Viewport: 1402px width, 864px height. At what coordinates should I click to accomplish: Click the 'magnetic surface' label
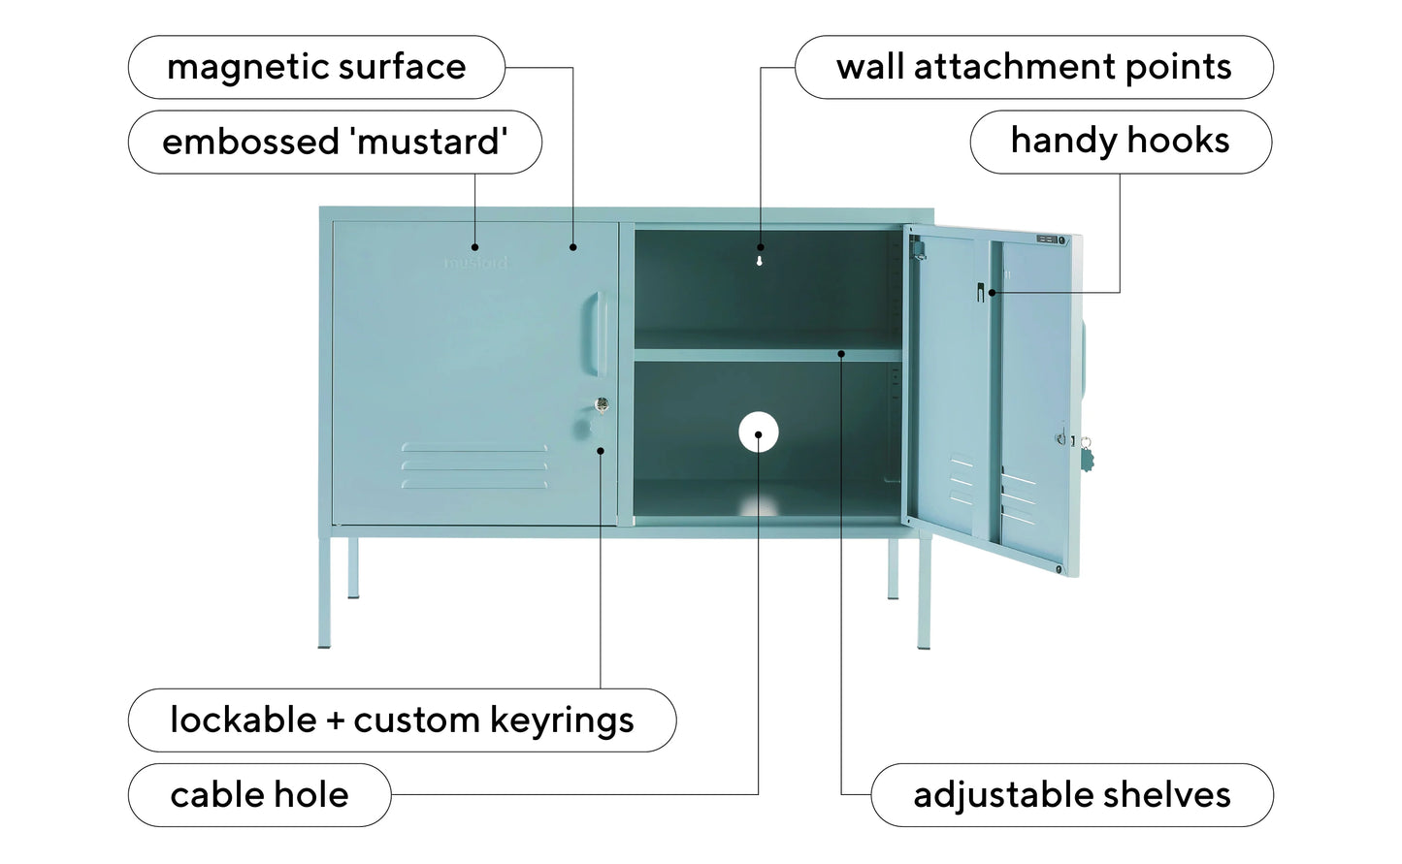point(316,67)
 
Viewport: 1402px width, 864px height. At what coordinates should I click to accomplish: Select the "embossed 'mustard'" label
point(335,142)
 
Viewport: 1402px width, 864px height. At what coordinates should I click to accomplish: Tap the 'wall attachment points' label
point(1034,67)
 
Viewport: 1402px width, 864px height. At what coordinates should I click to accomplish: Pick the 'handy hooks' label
point(1121,142)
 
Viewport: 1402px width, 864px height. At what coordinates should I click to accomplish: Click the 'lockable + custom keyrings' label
point(402,720)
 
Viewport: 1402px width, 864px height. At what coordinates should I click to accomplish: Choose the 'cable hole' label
point(260,795)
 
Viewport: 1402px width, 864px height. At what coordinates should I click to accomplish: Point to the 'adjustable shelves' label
point(1072,795)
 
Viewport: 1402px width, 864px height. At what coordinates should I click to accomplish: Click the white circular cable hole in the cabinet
point(759,432)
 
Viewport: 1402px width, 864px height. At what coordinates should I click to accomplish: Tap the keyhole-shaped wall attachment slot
point(759,261)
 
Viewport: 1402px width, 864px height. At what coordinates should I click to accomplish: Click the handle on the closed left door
point(597,334)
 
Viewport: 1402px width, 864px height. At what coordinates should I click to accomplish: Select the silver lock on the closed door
point(602,404)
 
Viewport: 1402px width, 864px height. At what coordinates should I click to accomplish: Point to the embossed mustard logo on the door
point(475,263)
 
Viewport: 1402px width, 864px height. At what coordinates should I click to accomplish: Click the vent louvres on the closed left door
point(473,465)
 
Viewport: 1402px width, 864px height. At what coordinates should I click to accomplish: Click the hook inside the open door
point(980,292)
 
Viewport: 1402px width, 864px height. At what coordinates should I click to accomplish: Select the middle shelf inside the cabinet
point(768,355)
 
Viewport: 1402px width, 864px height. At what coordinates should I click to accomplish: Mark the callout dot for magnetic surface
point(572,247)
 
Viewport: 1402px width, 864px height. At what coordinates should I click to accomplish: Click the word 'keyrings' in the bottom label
point(562,720)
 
